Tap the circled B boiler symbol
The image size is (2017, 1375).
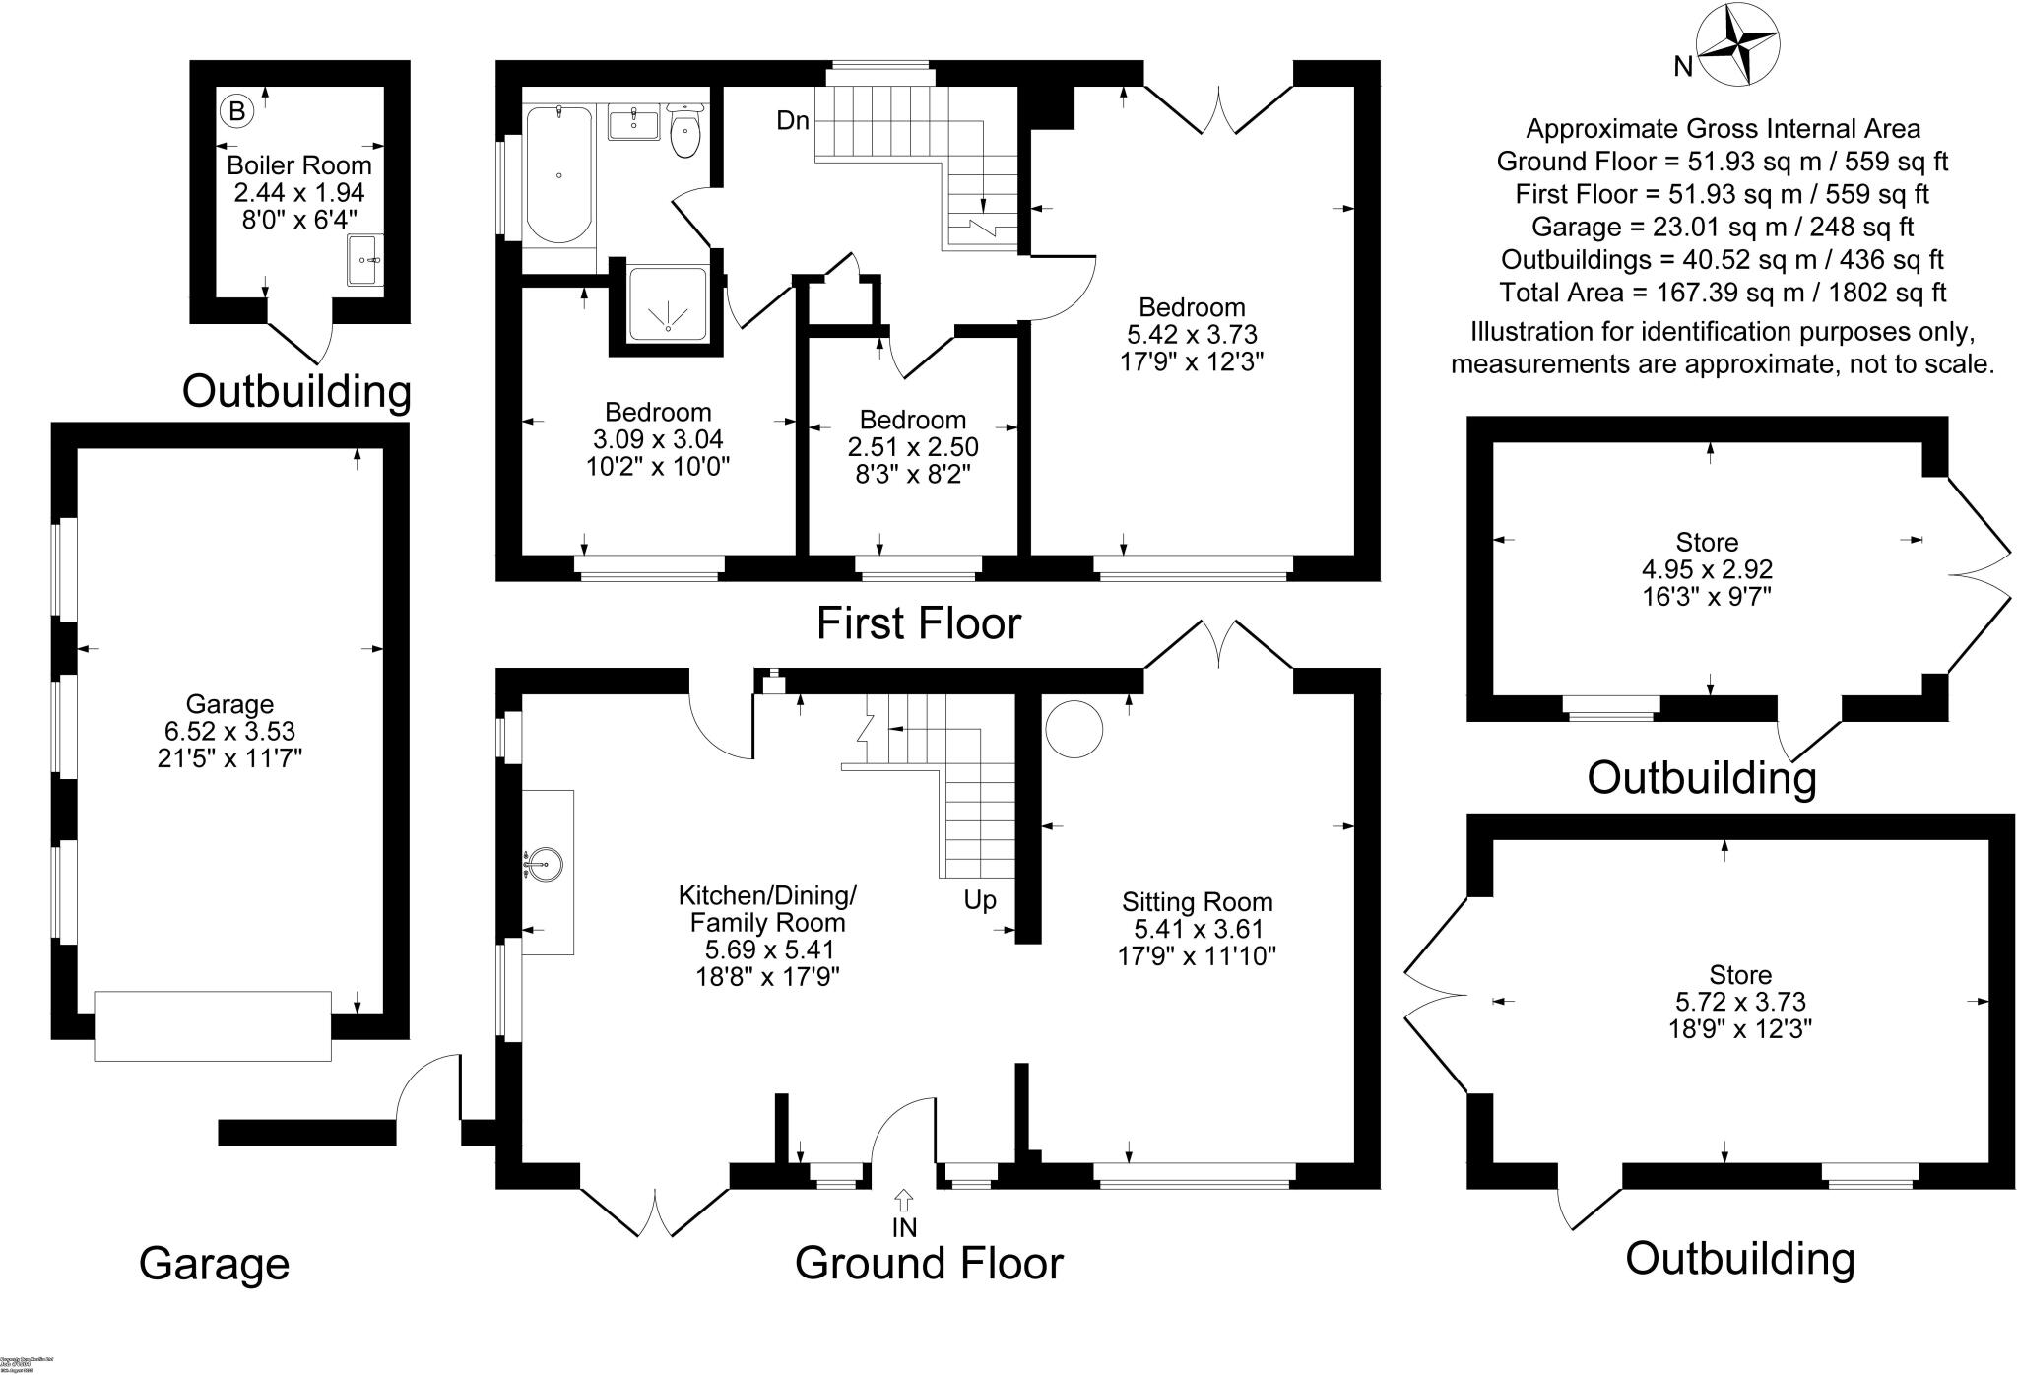[x=236, y=109]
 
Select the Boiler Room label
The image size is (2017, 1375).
[x=299, y=165]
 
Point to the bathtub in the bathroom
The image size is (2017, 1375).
[x=559, y=175]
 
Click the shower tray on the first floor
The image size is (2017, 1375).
[x=668, y=303]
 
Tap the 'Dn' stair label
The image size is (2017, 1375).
[x=793, y=121]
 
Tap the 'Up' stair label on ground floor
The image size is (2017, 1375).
[x=980, y=900]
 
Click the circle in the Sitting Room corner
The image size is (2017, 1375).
[x=1074, y=728]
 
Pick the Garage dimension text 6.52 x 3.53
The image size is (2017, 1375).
[x=229, y=731]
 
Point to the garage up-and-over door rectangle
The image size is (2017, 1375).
[x=213, y=1025]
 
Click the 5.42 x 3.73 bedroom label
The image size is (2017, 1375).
[x=1192, y=334]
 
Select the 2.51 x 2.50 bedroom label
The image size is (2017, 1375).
[x=913, y=447]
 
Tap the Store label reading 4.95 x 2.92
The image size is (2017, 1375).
[x=1707, y=569]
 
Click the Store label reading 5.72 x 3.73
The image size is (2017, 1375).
[x=1740, y=1002]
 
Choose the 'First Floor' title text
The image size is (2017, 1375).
[x=919, y=623]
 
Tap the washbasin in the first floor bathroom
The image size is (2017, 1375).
[x=634, y=125]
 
